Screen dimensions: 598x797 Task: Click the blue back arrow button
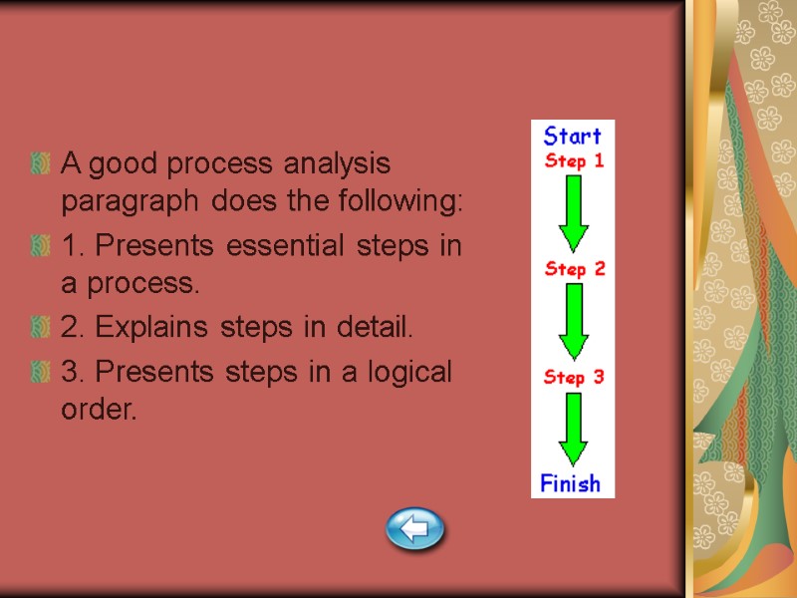(x=414, y=527)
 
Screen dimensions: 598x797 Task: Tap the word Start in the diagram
(x=572, y=136)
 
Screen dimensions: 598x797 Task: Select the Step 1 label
(x=573, y=160)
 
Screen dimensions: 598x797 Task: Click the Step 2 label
(x=574, y=269)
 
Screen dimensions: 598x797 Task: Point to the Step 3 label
(x=573, y=377)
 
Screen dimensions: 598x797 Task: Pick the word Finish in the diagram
(x=571, y=484)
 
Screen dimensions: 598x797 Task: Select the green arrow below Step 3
(x=573, y=430)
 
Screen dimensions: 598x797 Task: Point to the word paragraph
(x=125, y=201)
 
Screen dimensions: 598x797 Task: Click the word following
(x=406, y=201)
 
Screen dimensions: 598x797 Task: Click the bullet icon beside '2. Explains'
(x=41, y=327)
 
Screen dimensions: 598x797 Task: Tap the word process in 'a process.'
(x=138, y=285)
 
